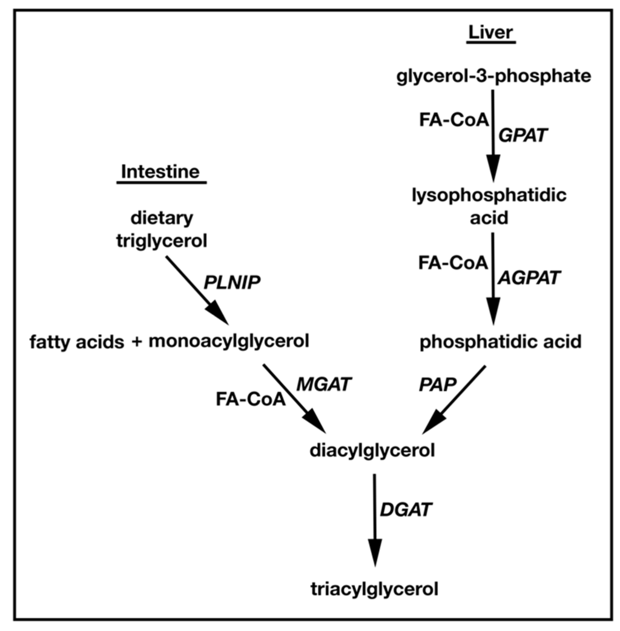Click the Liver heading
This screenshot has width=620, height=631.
[x=491, y=33]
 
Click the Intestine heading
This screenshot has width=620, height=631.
[x=160, y=171]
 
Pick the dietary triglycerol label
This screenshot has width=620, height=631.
[x=162, y=230]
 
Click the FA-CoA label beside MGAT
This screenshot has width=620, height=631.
[x=251, y=400]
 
